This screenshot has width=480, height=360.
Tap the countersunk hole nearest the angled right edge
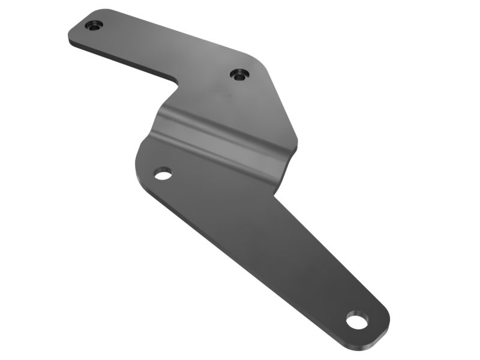(239, 74)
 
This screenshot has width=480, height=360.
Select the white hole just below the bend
(163, 174)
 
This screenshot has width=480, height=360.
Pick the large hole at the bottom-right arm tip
(357, 320)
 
